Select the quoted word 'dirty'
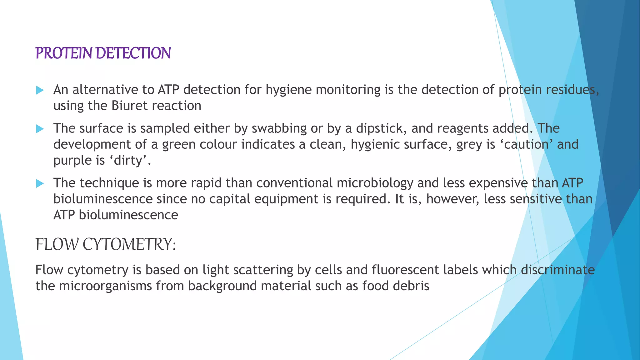pyautogui.click(x=128, y=161)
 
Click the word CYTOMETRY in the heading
pyautogui.click(x=129, y=244)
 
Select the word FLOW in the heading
pyautogui.click(x=57, y=244)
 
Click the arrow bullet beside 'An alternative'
pyautogui.click(x=40, y=90)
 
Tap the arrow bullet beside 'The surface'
pyautogui.click(x=40, y=129)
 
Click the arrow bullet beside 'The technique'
pyautogui.click(x=40, y=183)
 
